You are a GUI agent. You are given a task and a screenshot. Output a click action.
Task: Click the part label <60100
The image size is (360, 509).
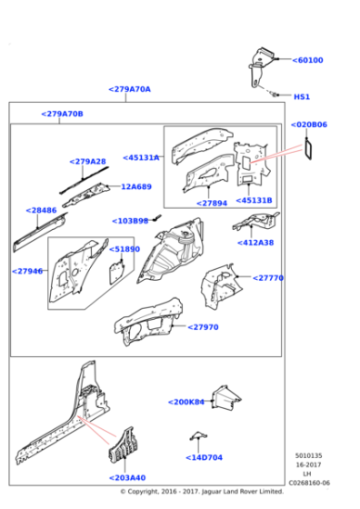pyautogui.click(x=307, y=60)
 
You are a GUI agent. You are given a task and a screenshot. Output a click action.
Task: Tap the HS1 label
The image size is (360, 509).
pyautogui.click(x=302, y=96)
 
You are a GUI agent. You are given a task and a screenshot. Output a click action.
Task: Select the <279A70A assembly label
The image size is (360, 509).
pyautogui.click(x=129, y=89)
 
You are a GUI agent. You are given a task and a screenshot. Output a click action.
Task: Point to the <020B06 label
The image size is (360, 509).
pyautogui.click(x=309, y=125)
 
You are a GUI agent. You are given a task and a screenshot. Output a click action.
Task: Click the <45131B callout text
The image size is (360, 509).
pyautogui.click(x=254, y=200)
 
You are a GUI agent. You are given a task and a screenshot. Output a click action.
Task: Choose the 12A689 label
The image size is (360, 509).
pyautogui.click(x=136, y=186)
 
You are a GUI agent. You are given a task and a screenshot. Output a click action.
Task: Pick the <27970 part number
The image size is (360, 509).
pyautogui.click(x=203, y=327)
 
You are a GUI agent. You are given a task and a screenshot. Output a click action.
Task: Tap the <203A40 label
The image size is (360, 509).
pyautogui.click(x=127, y=478)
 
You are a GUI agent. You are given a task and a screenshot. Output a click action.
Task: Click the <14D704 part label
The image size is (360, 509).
pyautogui.click(x=204, y=458)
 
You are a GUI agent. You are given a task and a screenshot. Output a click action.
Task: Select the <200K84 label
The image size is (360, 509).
pyautogui.click(x=186, y=402)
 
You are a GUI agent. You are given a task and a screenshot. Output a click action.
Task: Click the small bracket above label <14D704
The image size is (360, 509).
pyautogui.click(x=198, y=436)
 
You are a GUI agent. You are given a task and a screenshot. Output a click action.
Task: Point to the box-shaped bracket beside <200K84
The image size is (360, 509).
pyautogui.click(x=226, y=398)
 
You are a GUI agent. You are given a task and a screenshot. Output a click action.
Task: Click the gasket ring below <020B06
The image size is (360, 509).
pyautogui.click(x=309, y=149)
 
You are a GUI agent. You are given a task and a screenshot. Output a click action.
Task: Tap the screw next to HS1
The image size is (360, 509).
pyautogui.click(x=275, y=95)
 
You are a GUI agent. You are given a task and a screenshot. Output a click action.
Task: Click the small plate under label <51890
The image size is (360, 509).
pyautogui.click(x=115, y=272)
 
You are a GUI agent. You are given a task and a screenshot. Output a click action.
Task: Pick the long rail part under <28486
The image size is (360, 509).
pyautogui.click(x=39, y=232)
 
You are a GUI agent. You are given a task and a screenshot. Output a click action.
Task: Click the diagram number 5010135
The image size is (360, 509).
pyautogui.click(x=308, y=455)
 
